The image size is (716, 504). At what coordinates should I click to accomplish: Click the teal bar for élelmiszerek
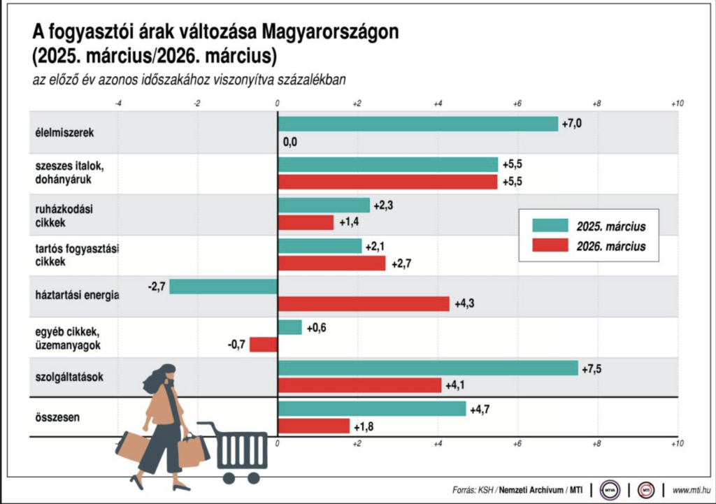click(x=417, y=124)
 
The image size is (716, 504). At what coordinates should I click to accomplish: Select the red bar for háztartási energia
click(x=364, y=304)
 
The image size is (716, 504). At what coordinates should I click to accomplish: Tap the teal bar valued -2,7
click(x=223, y=287)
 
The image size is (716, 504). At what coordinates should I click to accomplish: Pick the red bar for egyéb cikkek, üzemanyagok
click(x=264, y=345)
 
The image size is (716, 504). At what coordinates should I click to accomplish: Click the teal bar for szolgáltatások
click(x=428, y=368)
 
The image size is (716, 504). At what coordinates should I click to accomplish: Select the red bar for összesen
click(x=313, y=426)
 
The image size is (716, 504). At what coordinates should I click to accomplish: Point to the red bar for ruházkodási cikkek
click(x=306, y=222)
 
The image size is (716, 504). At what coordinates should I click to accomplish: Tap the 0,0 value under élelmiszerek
click(x=290, y=142)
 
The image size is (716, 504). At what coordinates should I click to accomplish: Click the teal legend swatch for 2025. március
click(x=550, y=226)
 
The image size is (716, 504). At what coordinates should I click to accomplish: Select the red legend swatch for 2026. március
click(x=550, y=246)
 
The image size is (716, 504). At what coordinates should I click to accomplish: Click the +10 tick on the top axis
click(x=676, y=103)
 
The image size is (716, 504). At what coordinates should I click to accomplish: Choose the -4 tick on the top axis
click(x=117, y=103)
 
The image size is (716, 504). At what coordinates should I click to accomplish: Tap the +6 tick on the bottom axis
click(x=517, y=444)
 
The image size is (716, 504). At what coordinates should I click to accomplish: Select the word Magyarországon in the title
click(x=330, y=33)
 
